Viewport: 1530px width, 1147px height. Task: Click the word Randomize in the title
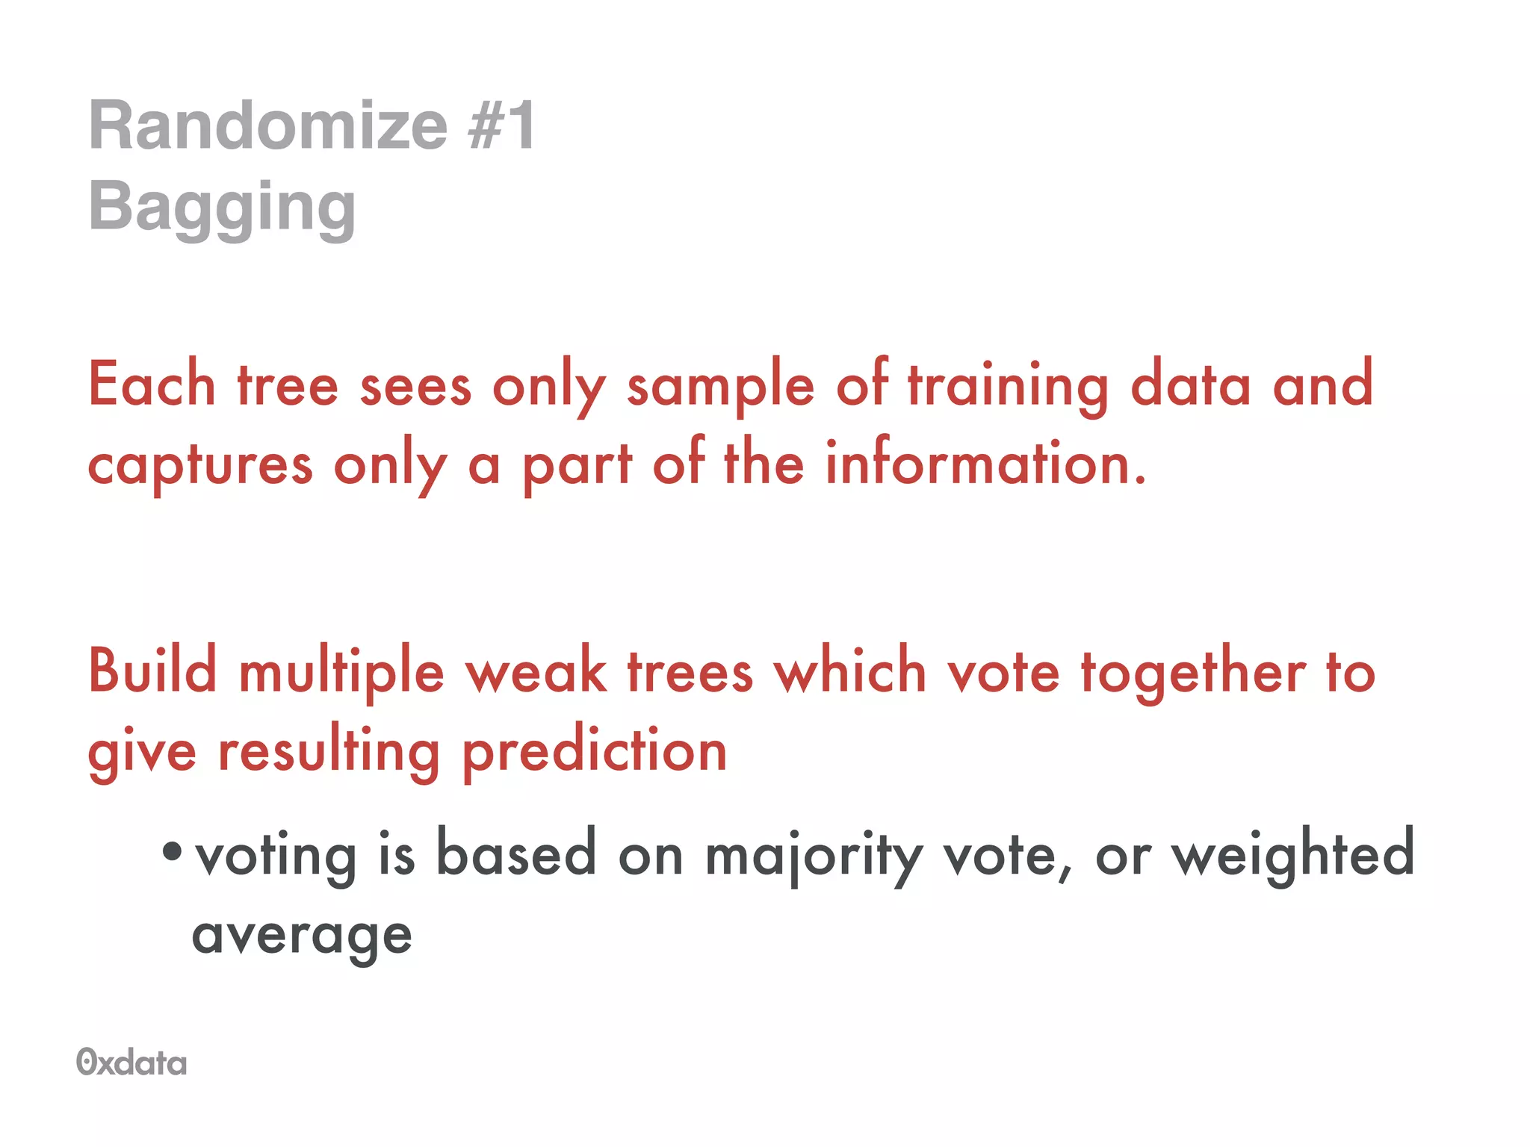[268, 125]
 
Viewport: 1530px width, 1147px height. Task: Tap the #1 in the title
[501, 125]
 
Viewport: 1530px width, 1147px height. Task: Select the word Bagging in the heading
[222, 208]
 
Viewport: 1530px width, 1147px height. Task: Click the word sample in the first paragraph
[720, 386]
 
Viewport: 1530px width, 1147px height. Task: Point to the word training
[1008, 386]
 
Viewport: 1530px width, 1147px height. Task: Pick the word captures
[199, 466]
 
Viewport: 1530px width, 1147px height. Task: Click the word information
[985, 463]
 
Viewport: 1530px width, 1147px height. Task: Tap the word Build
[152, 670]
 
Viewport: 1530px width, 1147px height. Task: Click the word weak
[536, 671]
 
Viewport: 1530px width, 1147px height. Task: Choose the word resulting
[329, 752]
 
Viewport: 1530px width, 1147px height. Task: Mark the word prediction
[595, 752]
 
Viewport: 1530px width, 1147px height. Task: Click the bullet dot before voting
[172, 851]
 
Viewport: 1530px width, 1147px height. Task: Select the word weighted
[1292, 854]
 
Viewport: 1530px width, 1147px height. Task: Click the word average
[302, 936]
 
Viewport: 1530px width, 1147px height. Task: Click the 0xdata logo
[131, 1062]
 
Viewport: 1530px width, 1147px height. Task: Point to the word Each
[152, 385]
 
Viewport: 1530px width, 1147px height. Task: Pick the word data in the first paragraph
[1190, 385]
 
